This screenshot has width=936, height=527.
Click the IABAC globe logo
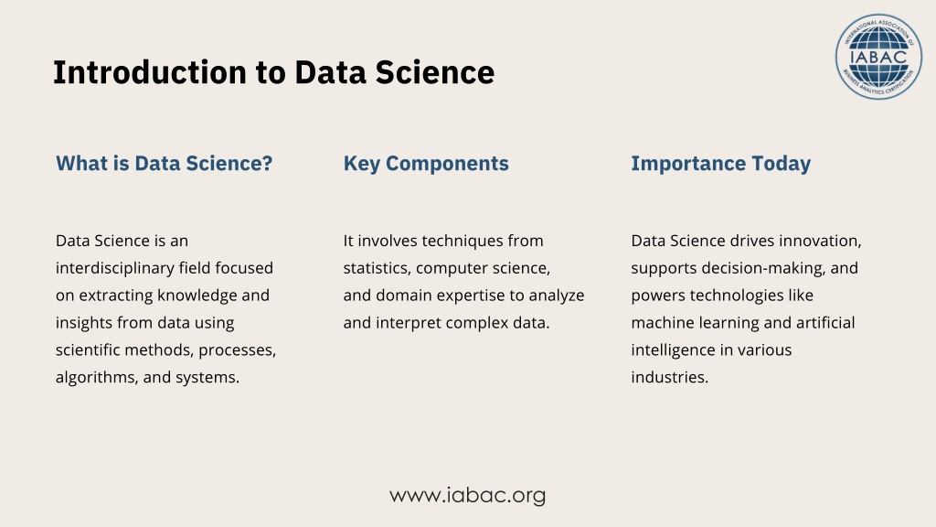[x=878, y=57]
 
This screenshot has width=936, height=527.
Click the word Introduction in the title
[x=150, y=72]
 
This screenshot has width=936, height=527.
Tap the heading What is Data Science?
[x=165, y=163]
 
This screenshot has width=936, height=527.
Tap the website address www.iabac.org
[x=467, y=495]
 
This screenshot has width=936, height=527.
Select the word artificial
[x=825, y=323]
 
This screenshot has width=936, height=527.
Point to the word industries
[x=670, y=378]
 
